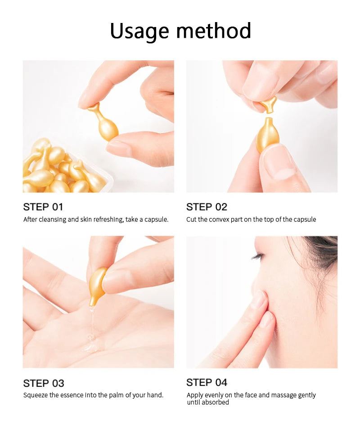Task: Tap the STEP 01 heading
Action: [43, 207]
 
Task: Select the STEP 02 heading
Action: [207, 207]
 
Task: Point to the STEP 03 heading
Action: [44, 383]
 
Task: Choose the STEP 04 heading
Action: [207, 382]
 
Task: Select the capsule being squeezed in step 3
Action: [97, 286]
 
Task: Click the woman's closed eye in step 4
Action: [257, 256]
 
